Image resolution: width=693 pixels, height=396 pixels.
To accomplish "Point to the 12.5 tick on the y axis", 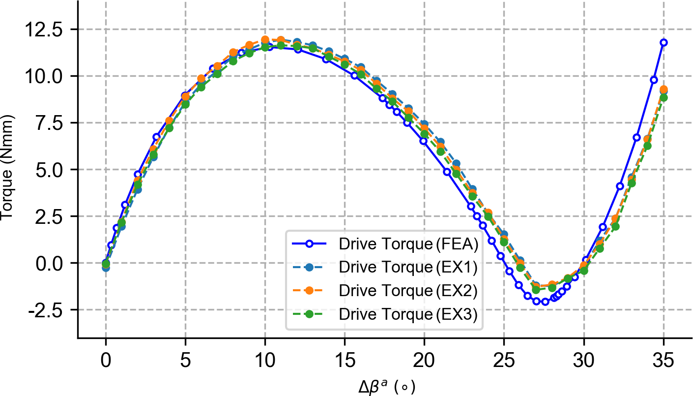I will pyautogui.click(x=49, y=30).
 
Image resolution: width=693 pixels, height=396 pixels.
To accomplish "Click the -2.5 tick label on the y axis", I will pyautogui.click(x=49, y=310).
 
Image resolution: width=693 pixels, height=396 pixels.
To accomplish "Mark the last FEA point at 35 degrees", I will pyautogui.click(x=664, y=42).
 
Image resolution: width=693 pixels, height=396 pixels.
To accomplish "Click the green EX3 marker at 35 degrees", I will pyautogui.click(x=664, y=97).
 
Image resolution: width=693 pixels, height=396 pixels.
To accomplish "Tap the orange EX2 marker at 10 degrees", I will pyautogui.click(x=265, y=40).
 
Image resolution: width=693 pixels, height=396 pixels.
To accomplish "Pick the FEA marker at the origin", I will pyautogui.click(x=106, y=263).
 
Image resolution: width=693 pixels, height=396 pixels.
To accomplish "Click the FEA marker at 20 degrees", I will pyautogui.click(x=423, y=141).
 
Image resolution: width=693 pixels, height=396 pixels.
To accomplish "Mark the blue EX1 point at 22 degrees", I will pyautogui.click(x=456, y=163).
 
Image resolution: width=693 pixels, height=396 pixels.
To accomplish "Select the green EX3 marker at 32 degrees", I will pyautogui.click(x=615, y=227).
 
